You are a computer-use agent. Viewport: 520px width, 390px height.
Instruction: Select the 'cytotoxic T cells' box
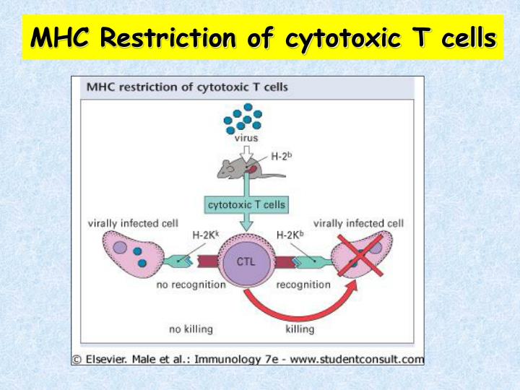pyautogui.click(x=246, y=204)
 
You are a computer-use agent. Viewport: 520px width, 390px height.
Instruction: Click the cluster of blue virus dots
pyautogui.click(x=243, y=118)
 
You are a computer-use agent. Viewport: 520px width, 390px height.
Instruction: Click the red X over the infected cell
pyautogui.click(x=362, y=255)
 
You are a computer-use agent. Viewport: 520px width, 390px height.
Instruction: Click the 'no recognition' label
pyautogui.click(x=191, y=285)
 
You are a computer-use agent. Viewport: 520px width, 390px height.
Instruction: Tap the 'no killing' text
pyautogui.click(x=191, y=329)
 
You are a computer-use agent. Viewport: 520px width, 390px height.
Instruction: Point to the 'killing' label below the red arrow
pyautogui.click(x=300, y=329)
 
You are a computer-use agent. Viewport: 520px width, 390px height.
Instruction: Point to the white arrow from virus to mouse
pyautogui.click(x=247, y=150)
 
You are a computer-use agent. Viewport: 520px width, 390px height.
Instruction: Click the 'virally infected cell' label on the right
pyautogui.click(x=358, y=223)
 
